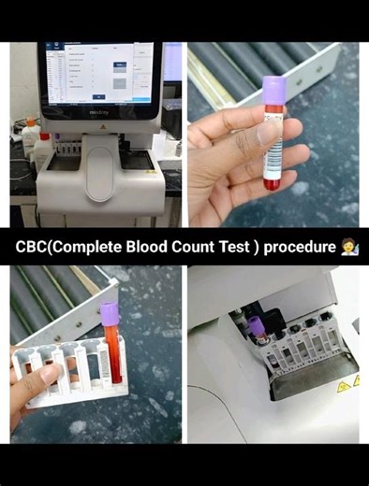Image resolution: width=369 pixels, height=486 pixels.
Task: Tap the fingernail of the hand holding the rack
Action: pyautogui.click(x=52, y=373)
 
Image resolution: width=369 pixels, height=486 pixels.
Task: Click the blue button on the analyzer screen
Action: pyautogui.click(x=120, y=65)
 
